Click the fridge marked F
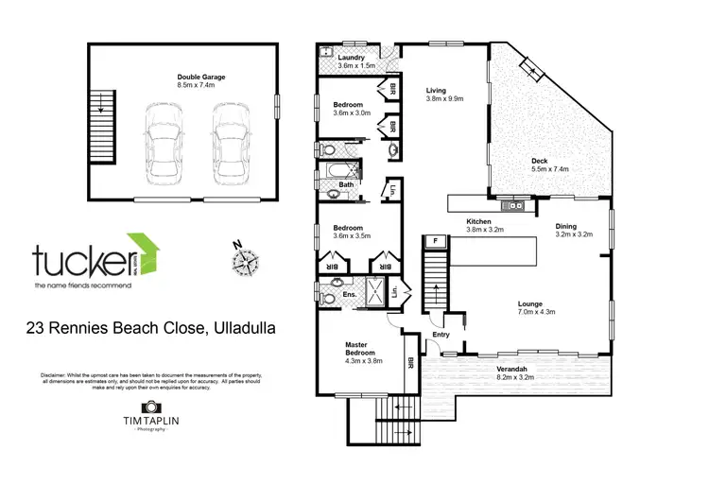pos(436,241)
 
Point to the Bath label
pos(359,184)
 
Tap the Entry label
pos(441,335)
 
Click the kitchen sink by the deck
pos(515,203)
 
